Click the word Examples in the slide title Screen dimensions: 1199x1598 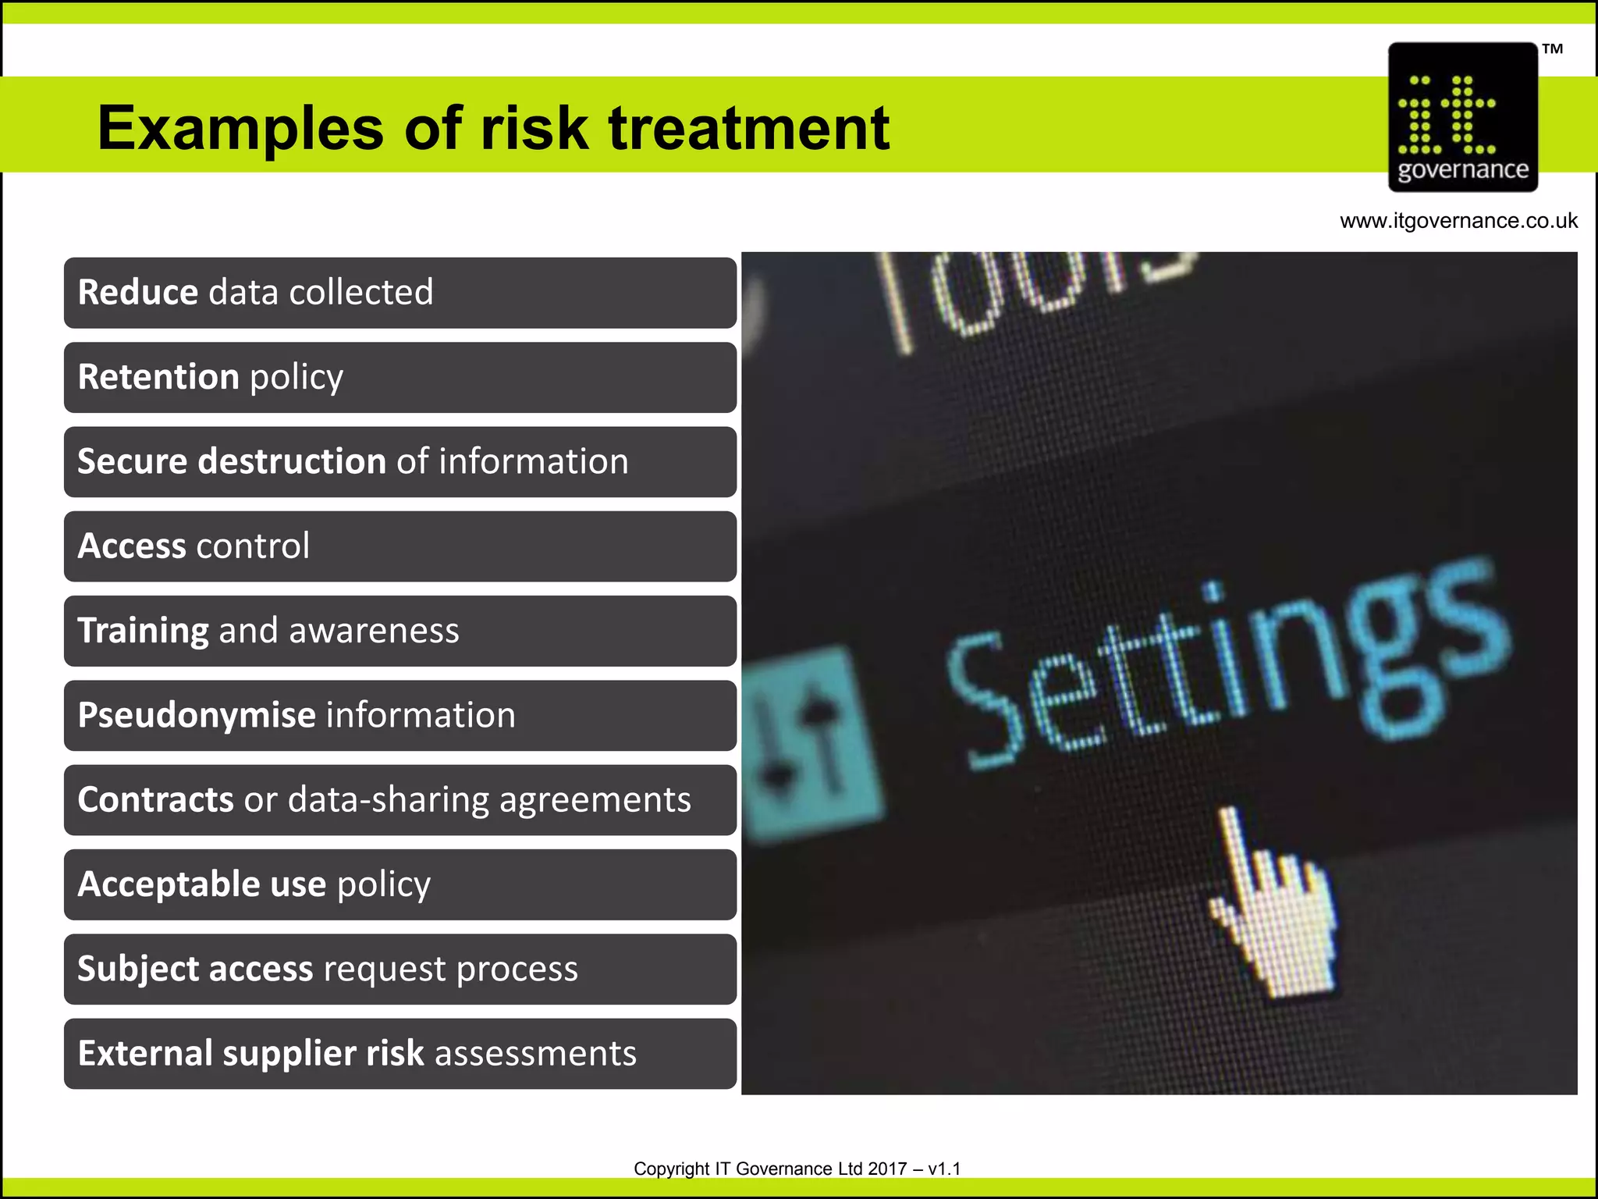click(x=240, y=129)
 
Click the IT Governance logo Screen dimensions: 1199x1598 click(x=1463, y=117)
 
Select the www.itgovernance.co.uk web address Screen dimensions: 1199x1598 click(x=1458, y=221)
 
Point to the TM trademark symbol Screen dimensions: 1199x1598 click(x=1552, y=49)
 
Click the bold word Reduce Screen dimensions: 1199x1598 click(x=138, y=293)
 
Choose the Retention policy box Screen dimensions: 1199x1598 click(x=399, y=377)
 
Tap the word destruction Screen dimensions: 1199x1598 click(x=292, y=461)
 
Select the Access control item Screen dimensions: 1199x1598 click(x=399, y=546)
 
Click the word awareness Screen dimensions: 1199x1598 click(x=374, y=631)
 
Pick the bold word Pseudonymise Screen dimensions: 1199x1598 click(x=197, y=716)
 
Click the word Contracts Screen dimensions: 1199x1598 click(x=155, y=800)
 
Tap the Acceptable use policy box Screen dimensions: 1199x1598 click(x=399, y=884)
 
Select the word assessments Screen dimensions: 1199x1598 click(x=535, y=1054)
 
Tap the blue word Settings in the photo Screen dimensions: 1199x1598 click(x=1225, y=664)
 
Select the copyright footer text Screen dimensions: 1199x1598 click(x=797, y=1169)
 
